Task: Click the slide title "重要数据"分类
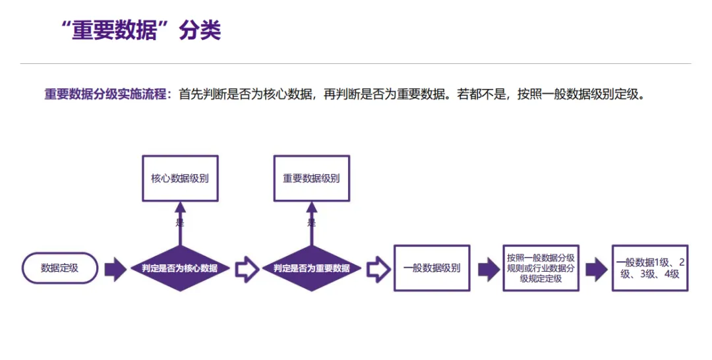point(141,30)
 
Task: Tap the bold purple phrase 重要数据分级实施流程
point(105,94)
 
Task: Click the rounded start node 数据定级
point(60,268)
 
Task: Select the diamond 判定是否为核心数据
point(180,268)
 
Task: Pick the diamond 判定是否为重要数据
point(311,268)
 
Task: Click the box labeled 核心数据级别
point(180,179)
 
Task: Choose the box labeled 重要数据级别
point(311,179)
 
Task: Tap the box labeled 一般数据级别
point(432,268)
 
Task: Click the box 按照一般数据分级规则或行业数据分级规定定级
point(541,268)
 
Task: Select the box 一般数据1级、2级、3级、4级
point(650,268)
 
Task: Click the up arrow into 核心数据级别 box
point(180,224)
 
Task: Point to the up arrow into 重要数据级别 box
point(311,224)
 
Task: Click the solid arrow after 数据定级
point(115,269)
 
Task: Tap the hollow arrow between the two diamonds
point(247,269)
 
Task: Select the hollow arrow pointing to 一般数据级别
point(378,269)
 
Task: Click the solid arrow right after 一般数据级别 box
point(489,269)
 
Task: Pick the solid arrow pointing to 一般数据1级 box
point(596,269)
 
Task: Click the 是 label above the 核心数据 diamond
point(180,222)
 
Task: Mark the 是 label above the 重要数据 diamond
point(311,222)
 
